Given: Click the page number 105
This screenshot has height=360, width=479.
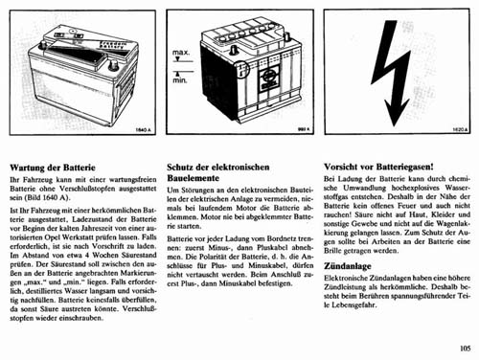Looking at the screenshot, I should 465,349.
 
